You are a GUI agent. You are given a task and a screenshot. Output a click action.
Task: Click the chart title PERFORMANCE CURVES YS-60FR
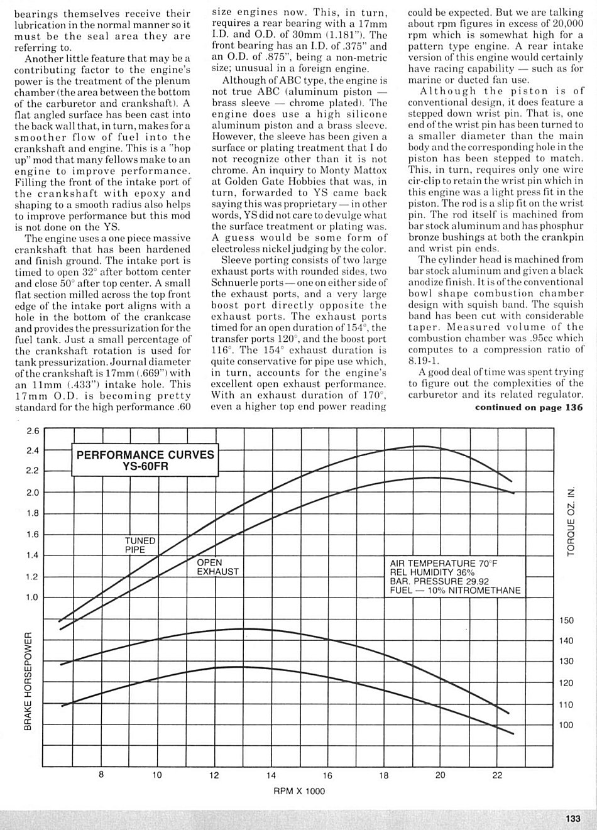[x=145, y=461]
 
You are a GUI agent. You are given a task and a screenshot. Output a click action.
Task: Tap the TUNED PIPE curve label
[x=140, y=545]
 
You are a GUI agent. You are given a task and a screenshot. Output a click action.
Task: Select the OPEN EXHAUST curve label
[x=218, y=567]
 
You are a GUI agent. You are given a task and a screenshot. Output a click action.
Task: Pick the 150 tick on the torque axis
[x=566, y=620]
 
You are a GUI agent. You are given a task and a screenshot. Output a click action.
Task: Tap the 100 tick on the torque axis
[x=566, y=725]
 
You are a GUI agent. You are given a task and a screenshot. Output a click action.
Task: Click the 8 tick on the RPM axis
[x=101, y=775]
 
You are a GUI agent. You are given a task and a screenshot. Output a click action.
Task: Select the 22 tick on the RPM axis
[x=497, y=775]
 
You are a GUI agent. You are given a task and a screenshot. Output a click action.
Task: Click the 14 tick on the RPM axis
[x=271, y=775]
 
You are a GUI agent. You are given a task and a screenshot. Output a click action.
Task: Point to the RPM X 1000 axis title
[x=299, y=791]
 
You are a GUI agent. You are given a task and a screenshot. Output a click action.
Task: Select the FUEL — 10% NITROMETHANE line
[x=455, y=591]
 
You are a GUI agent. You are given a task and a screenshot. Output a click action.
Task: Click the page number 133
[x=572, y=818]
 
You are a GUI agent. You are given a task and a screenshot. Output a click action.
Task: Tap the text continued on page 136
[x=529, y=407]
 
